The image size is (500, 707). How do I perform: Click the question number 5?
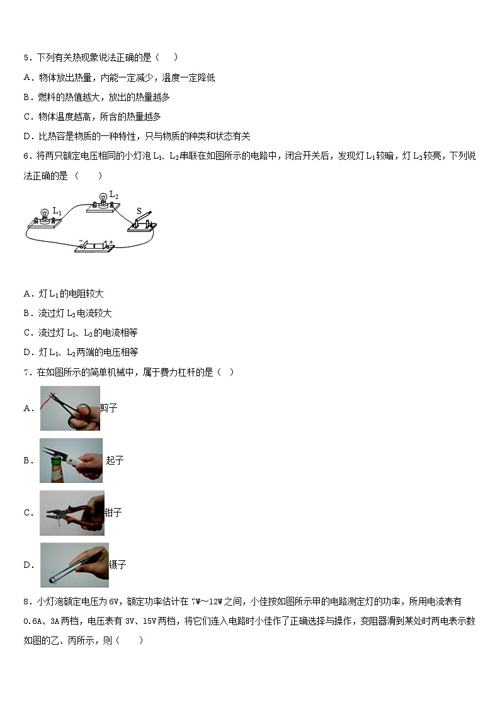click(26, 58)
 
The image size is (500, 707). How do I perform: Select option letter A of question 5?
click(28, 77)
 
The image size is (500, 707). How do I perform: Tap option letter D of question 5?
click(28, 136)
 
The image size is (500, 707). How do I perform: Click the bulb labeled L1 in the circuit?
click(44, 215)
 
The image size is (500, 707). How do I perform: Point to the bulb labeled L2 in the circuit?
click(100, 200)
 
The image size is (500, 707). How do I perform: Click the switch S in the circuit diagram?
click(142, 223)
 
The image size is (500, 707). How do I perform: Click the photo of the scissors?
click(70, 408)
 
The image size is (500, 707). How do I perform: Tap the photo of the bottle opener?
click(71, 460)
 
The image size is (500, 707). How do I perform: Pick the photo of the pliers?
click(72, 512)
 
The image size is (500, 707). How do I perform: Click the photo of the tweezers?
click(74, 565)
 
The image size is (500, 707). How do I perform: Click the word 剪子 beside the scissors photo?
click(109, 408)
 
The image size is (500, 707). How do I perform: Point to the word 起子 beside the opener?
click(115, 460)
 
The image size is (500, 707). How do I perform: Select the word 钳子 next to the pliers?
click(113, 512)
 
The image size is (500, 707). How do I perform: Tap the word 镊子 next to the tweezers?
click(117, 565)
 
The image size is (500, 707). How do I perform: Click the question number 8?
click(26, 602)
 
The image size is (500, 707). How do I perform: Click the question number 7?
click(26, 372)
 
